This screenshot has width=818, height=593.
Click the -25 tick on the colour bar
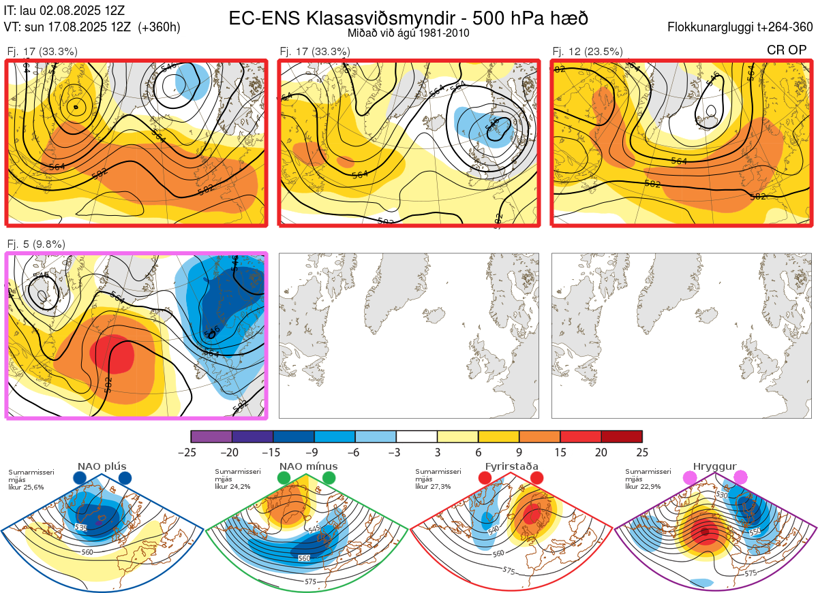tap(191, 451)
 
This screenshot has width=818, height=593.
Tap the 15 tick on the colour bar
tap(560, 451)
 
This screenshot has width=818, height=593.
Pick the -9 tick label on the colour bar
tap(314, 451)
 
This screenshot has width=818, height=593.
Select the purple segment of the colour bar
tap(211, 436)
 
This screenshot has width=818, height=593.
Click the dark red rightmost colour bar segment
tap(622, 436)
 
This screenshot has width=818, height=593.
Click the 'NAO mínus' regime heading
tap(308, 466)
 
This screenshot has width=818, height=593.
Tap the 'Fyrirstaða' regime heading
tap(512, 466)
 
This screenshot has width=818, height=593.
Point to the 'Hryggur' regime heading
tap(716, 466)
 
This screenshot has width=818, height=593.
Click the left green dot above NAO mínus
tap(284, 479)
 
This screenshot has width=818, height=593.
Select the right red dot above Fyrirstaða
tap(536, 479)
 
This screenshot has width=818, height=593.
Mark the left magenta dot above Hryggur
tap(691, 479)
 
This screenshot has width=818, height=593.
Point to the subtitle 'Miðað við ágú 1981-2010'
tap(408, 33)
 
